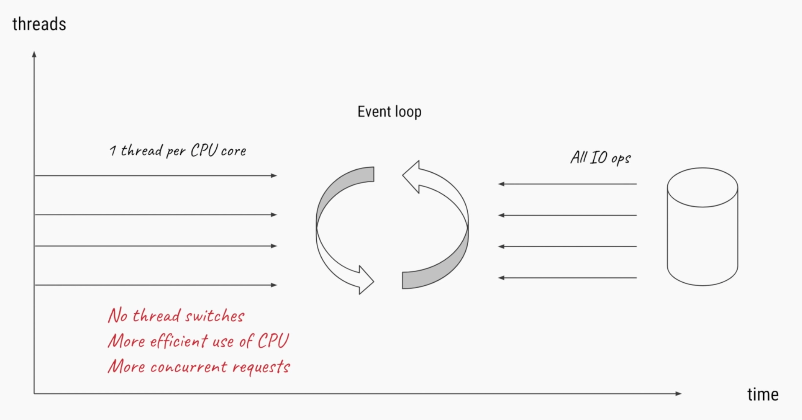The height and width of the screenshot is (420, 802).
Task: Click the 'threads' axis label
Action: click(x=39, y=24)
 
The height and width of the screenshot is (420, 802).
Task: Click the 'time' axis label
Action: click(x=763, y=395)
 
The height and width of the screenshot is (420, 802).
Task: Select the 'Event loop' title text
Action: click(x=389, y=112)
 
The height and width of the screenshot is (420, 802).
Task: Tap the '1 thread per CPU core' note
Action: click(x=178, y=151)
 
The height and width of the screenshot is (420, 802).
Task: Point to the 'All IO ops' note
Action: click(x=600, y=158)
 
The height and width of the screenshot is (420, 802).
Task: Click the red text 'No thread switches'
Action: click(x=176, y=315)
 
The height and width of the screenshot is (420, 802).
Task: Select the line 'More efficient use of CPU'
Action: click(x=198, y=341)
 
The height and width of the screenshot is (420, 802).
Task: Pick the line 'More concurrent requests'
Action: click(x=199, y=367)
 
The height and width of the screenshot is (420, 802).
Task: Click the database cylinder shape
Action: click(x=702, y=227)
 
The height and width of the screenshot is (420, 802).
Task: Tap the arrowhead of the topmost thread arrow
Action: click(x=274, y=175)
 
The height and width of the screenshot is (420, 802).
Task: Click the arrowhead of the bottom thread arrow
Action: click(x=274, y=285)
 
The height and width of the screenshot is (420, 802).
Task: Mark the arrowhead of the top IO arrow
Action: click(x=501, y=184)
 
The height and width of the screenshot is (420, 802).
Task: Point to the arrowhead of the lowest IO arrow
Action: click(x=501, y=278)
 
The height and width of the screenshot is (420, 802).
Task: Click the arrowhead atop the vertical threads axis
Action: click(x=34, y=54)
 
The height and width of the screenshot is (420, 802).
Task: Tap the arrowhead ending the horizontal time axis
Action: click(x=678, y=394)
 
